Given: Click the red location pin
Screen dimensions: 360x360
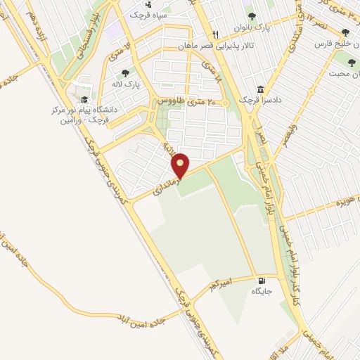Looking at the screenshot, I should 181,165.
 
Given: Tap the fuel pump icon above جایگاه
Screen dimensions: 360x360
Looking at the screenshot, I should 262,278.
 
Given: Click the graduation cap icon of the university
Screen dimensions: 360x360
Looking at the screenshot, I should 84,100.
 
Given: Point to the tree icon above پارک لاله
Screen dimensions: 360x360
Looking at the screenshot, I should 126,72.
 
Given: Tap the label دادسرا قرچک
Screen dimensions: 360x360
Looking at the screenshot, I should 261,101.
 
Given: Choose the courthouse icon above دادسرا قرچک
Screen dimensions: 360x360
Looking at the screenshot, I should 261,90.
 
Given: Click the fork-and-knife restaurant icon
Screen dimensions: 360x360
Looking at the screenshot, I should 216,34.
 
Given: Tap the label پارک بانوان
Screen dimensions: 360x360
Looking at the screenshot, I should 253,27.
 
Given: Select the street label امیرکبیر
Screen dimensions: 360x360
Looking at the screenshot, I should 219,283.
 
